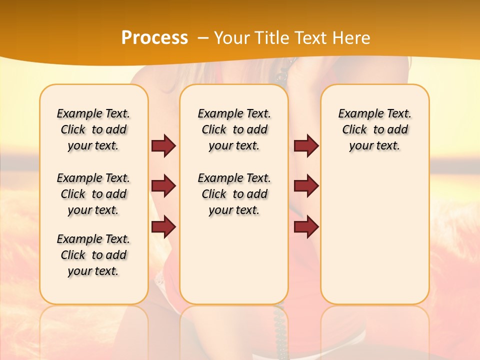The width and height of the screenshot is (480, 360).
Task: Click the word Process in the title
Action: pos(154,37)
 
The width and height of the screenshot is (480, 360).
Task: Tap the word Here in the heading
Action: pos(352,37)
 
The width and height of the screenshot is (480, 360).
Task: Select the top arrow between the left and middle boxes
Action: pos(163,146)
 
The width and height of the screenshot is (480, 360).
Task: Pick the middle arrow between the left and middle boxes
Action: pos(163,186)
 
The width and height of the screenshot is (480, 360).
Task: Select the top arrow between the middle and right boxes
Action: pos(306,146)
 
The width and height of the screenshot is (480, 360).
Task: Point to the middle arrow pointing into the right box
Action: pos(306,186)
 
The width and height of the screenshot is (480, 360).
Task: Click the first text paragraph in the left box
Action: pos(93,129)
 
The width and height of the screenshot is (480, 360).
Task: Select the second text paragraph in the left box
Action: pos(93,194)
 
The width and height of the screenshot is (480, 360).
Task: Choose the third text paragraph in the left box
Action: pos(93,255)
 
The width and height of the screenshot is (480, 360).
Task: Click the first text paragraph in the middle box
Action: pos(234,129)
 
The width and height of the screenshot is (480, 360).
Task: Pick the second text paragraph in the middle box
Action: pos(234,194)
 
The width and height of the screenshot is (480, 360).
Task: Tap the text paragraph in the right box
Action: pos(375,129)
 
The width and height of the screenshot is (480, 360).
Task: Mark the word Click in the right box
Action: pos(354,130)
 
